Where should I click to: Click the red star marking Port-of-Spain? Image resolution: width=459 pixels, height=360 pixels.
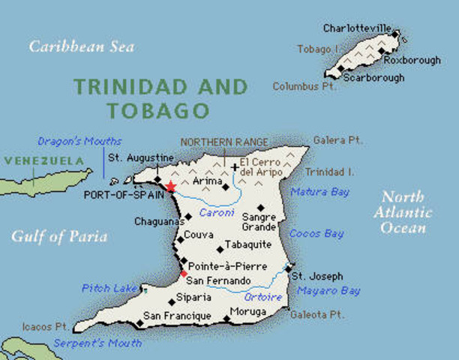pos(171,186)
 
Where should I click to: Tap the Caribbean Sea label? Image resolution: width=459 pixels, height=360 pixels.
pos(81,46)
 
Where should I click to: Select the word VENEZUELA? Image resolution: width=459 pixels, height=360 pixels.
pos(45,160)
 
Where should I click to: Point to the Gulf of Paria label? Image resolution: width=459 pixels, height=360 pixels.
pos(59,237)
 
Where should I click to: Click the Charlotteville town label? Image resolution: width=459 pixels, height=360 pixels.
pos(356,28)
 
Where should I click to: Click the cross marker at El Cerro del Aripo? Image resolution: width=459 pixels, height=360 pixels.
pos(235,167)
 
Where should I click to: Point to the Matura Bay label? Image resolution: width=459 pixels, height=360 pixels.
pos(320,192)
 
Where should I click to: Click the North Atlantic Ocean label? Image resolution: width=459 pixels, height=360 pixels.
pos(403,212)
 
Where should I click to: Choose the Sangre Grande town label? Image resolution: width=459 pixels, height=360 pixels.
pos(259,222)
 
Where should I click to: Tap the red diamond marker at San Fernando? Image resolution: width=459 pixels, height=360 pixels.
pos(184,274)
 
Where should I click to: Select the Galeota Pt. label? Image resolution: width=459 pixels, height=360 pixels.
pos(317,313)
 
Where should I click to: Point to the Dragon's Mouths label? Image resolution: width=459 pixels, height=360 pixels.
pos(79,141)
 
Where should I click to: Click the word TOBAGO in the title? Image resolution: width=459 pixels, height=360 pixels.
pos(157,111)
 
